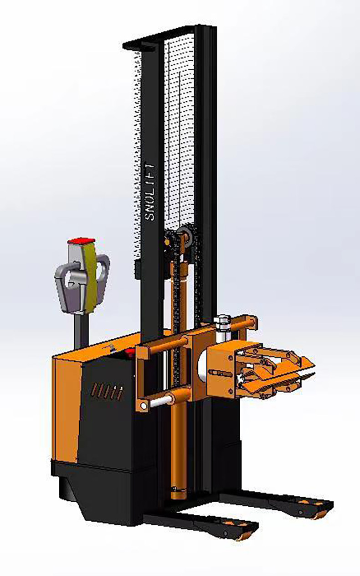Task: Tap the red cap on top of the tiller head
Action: pyautogui.click(x=81, y=241)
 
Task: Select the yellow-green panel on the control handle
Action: pyautogui.click(x=91, y=277)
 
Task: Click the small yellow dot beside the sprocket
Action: pyautogui.click(x=168, y=242)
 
